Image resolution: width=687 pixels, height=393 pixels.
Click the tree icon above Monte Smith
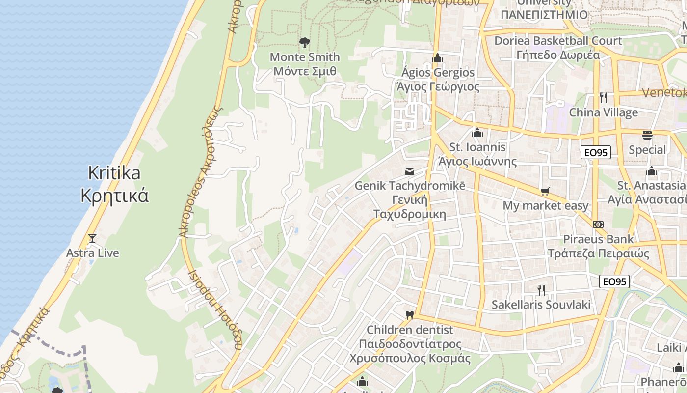(305, 43)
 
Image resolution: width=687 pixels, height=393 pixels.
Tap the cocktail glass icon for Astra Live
(92, 238)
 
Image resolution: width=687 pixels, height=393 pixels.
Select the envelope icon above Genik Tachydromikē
(409, 171)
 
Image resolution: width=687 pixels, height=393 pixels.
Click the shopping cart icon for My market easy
(545, 191)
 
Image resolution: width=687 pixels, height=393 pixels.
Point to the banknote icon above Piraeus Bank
(598, 224)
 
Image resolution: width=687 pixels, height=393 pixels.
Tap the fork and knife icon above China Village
(604, 97)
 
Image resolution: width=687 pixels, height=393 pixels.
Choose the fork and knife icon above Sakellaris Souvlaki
(541, 290)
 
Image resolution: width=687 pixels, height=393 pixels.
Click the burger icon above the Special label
(647, 135)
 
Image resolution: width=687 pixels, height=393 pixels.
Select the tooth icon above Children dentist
(409, 314)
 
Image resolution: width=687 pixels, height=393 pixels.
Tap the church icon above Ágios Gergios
(438, 58)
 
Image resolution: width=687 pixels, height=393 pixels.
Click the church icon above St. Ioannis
(477, 133)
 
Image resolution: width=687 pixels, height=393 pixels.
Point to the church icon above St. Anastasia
(652, 171)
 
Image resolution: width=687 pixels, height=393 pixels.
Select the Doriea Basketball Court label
(558, 41)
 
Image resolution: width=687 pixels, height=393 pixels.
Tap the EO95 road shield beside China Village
(596, 152)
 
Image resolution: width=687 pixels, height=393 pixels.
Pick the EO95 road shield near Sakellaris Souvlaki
(614, 281)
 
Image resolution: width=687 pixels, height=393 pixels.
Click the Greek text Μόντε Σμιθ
(305, 71)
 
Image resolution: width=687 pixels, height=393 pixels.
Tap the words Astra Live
(93, 253)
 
